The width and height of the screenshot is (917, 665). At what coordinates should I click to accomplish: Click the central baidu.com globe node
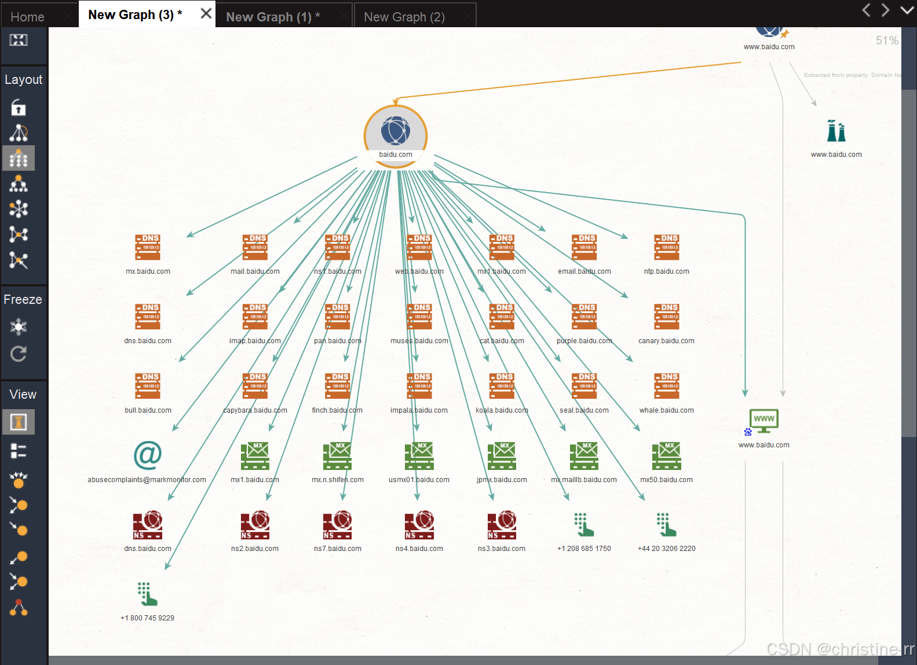pos(396,132)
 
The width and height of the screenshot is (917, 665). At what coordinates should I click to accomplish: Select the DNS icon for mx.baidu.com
pos(148,248)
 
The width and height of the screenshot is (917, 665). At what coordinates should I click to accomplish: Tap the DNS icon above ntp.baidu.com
pos(667,248)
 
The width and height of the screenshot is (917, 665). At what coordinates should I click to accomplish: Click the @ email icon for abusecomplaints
pos(148,455)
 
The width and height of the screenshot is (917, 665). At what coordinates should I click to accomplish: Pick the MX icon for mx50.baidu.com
pos(666,456)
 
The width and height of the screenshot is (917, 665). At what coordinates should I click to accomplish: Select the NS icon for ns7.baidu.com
pos(338,525)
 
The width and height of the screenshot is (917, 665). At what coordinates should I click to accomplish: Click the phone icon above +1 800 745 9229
pos(147,594)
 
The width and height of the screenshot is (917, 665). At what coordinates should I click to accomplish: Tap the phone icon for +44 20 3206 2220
pos(666,525)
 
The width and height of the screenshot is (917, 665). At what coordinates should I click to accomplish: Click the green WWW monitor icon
pos(764,421)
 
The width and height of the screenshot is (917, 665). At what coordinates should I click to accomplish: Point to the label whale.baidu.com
pos(666,410)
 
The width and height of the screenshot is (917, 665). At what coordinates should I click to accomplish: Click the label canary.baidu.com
pos(666,341)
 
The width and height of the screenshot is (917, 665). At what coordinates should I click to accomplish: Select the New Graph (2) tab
pos(404,17)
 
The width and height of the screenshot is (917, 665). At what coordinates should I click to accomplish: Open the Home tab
pos(27,17)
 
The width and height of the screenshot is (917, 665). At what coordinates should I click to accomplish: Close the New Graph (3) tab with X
pos(206,13)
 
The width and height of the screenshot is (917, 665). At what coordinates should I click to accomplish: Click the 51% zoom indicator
pos(886,41)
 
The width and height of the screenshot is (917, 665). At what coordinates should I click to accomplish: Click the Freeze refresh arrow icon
pos(19,354)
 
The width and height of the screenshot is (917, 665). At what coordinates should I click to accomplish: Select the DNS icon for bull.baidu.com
pos(148,386)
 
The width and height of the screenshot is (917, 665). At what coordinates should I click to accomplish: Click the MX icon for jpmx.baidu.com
pos(502,456)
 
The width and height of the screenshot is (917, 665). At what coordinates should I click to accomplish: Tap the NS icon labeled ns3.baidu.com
pos(502,525)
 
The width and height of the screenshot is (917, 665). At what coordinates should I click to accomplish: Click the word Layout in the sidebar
pos(23,79)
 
